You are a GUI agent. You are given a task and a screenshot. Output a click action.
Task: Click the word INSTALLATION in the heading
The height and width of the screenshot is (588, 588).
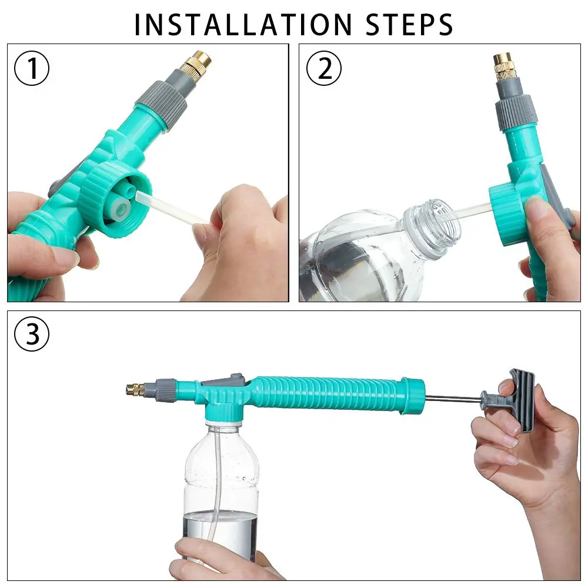pyautogui.click(x=243, y=25)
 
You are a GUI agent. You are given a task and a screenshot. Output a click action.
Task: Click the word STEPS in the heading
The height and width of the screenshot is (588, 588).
pyautogui.click(x=409, y=25)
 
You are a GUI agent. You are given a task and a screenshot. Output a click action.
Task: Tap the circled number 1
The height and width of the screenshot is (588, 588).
pyautogui.click(x=32, y=68)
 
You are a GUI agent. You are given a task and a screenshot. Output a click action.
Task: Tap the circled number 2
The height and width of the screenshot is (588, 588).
pyautogui.click(x=324, y=68)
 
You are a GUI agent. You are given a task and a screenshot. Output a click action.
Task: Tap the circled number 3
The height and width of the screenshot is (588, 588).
pyautogui.click(x=32, y=334)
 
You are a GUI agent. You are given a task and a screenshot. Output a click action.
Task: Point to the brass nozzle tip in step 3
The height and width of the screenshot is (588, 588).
pyautogui.click(x=136, y=389)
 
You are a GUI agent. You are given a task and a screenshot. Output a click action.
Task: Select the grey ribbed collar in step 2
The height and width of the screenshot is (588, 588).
pyautogui.click(x=516, y=112)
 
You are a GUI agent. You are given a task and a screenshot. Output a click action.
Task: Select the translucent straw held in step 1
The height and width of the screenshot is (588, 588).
pyautogui.click(x=172, y=209)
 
